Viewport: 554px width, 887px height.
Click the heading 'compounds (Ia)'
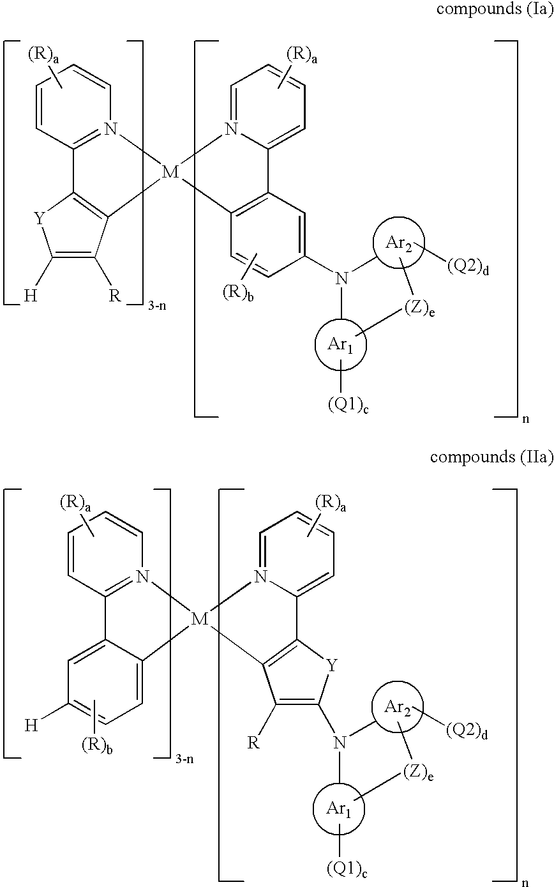click(x=494, y=8)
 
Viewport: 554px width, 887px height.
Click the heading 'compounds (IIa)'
click(x=491, y=457)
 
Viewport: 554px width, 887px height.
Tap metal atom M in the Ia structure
click(x=170, y=172)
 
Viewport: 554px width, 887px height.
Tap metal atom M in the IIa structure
click(x=199, y=619)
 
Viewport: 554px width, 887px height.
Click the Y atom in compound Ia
click(x=39, y=218)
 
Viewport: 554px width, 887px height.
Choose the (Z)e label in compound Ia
click(x=420, y=309)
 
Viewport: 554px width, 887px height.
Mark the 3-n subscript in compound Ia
click(x=157, y=306)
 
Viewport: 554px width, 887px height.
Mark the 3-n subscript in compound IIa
click(x=184, y=759)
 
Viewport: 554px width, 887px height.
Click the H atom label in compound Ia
click(x=31, y=296)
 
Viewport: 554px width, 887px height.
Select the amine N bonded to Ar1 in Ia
click(x=341, y=278)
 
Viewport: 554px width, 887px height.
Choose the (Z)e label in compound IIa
click(x=419, y=772)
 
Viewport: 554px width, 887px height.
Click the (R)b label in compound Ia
click(x=238, y=294)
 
